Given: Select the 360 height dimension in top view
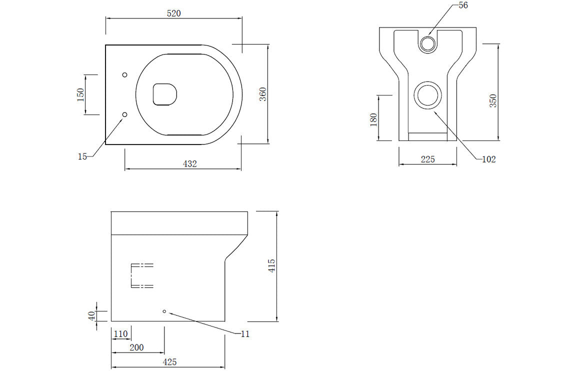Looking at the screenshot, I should tap(263, 94).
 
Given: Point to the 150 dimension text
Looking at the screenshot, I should tap(80, 94).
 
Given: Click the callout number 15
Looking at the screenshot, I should tap(82, 156).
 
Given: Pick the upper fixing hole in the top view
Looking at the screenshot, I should tap(125, 74).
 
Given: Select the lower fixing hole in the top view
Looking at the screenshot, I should tap(125, 114).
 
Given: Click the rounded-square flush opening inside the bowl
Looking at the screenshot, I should tap(165, 94).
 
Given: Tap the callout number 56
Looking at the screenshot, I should tap(464, 5).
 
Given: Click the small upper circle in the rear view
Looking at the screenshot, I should tap(427, 44).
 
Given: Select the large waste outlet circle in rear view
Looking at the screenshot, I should tap(428, 95).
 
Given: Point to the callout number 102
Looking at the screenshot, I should tap(488, 159).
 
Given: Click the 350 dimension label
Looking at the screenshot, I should tap(493, 101).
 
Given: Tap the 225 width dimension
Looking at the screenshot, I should tap(428, 159).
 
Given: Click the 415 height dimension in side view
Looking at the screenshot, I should tap(272, 265).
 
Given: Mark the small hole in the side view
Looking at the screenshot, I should tap(164, 311).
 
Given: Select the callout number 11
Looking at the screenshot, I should tap(244, 334).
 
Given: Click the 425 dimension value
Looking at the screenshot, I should tap(170, 362).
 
